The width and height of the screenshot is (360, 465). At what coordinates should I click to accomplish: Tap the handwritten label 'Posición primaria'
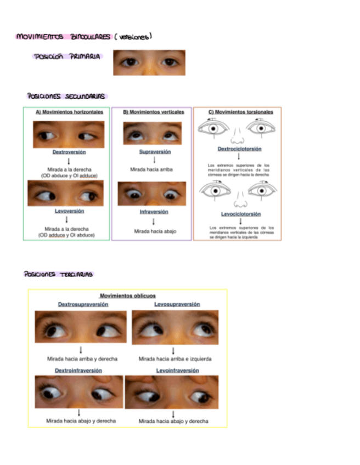(x=67, y=56)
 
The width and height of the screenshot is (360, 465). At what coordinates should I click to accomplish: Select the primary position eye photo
(x=149, y=63)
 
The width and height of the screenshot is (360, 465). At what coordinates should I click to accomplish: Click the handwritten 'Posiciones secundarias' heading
(x=66, y=97)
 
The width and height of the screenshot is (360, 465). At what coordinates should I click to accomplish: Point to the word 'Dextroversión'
(x=69, y=152)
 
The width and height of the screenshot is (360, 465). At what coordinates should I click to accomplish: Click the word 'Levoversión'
(x=69, y=211)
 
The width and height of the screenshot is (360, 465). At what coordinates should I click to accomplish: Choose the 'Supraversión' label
(x=155, y=152)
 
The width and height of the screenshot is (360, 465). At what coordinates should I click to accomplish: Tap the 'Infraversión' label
(x=154, y=212)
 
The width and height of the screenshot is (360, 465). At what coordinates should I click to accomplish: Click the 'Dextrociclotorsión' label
(x=239, y=149)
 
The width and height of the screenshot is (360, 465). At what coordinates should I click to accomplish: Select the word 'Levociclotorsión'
(x=241, y=214)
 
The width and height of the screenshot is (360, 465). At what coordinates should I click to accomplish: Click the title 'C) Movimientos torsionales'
(x=240, y=112)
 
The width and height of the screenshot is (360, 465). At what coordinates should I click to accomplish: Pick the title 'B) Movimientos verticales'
(x=153, y=112)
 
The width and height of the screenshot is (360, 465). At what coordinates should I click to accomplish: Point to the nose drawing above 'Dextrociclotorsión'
(x=239, y=134)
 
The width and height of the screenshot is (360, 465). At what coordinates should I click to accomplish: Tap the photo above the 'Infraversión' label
(x=152, y=194)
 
